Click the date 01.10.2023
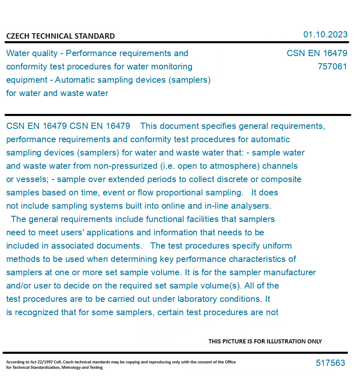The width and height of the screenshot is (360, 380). [325, 35]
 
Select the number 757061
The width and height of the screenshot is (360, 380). [332, 67]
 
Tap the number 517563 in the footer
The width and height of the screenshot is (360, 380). [330, 363]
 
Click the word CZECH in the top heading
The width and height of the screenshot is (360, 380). [17, 36]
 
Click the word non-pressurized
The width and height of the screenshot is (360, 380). [130, 166]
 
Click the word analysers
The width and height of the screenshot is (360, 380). [250, 206]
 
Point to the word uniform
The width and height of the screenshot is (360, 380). [277, 246]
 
